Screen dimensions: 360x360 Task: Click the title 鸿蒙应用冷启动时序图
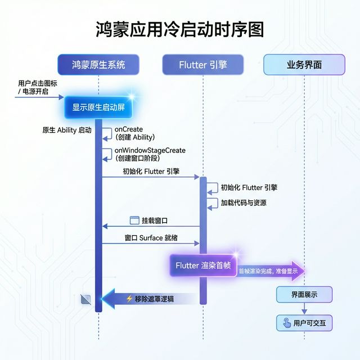pos(179,30)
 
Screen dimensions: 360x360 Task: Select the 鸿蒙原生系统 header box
pos(98,65)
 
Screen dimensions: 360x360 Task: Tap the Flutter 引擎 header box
pos(202,65)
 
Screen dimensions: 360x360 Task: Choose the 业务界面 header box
pos(304,65)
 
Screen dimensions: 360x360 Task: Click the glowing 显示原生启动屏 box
pos(98,107)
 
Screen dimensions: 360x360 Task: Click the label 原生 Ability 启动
pos(66,130)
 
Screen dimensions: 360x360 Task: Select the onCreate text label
pos(129,129)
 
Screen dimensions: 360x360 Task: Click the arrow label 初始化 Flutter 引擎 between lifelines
pos(151,172)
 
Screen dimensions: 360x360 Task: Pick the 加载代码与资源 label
pos(244,203)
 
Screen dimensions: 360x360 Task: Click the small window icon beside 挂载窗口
pos(134,220)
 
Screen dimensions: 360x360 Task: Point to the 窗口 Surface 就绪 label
pos(151,238)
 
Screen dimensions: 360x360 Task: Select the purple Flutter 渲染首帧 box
pos(203,265)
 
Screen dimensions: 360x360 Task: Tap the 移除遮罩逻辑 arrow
pos(149,299)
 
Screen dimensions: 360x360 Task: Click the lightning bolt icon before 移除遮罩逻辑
pos(129,299)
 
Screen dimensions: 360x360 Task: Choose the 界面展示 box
pos(304,294)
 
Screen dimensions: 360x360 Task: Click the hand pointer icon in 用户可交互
pos(287,323)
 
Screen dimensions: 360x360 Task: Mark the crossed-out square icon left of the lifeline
pos(85,299)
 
